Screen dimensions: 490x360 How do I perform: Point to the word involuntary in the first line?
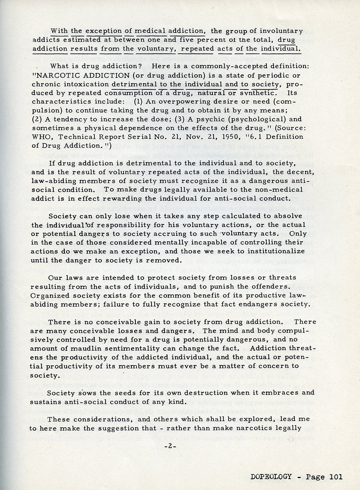pyautogui.click(x=282, y=31)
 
